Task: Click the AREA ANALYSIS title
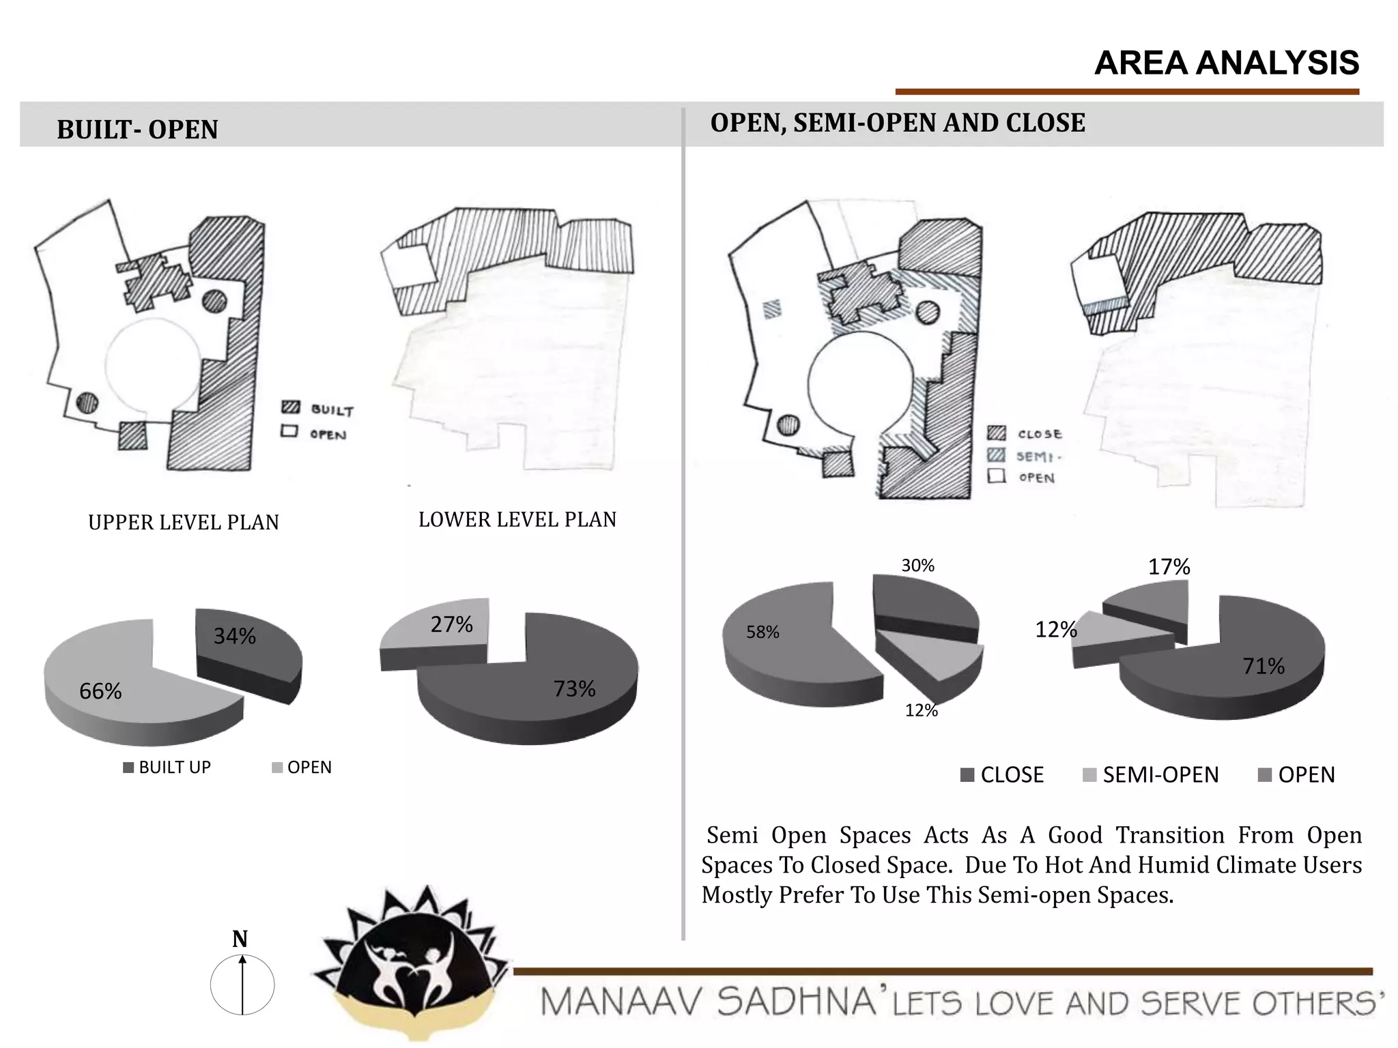coord(1226,63)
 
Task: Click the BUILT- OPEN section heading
coord(137,130)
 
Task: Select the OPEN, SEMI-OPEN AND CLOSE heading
coord(898,123)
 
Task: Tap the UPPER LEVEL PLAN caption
coord(184,523)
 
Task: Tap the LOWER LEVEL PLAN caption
coord(517,520)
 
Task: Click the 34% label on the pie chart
coord(235,637)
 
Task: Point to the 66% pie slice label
coord(100,692)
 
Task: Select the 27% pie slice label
coord(451,624)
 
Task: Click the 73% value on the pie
coord(574,689)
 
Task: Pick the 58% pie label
coord(762,632)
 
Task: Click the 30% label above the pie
coord(917,566)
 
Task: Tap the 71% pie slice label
coord(1263,666)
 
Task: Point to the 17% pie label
coord(1169,567)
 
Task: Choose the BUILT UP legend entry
coord(167,768)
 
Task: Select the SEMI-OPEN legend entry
coord(1152,775)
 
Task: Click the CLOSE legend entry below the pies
coord(1002,775)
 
